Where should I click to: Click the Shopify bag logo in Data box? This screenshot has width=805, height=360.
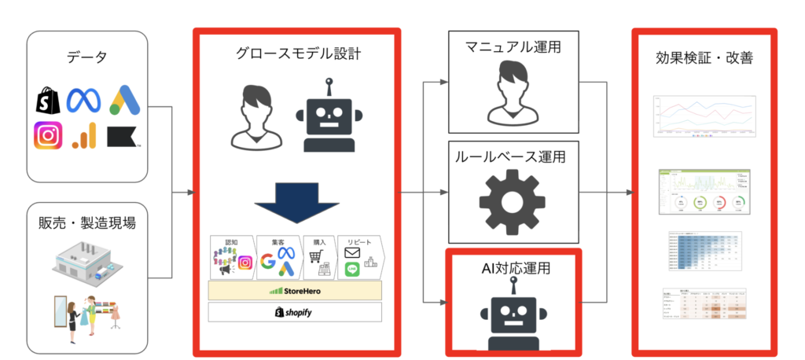46,100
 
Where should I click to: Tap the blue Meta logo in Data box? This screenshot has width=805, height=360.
85,99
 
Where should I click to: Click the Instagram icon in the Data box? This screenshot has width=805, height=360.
48,137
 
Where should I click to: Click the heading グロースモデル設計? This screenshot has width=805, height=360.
297,53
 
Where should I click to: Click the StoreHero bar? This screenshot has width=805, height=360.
295,290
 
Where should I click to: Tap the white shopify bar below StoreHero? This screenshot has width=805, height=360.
295,312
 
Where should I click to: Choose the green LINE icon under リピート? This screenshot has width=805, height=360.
351,269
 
